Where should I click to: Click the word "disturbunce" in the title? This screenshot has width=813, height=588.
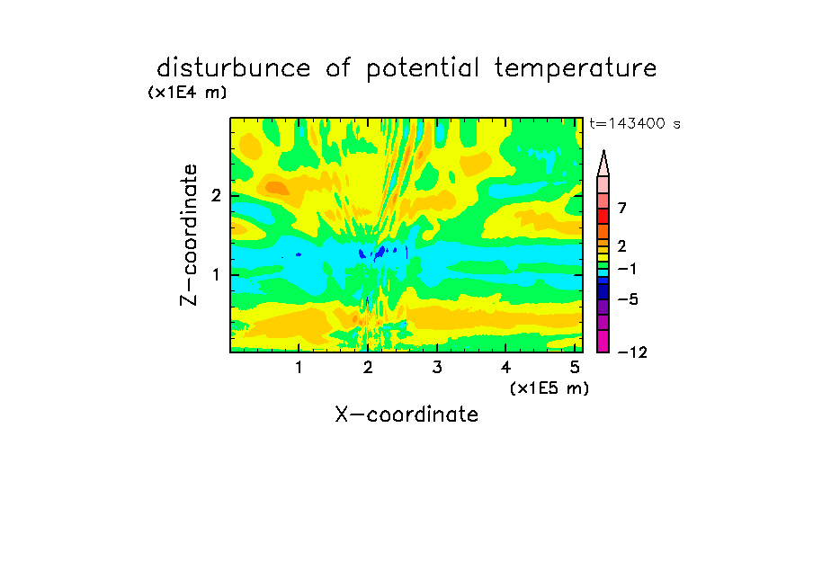tap(234, 68)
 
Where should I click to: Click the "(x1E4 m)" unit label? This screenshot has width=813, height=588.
tap(187, 93)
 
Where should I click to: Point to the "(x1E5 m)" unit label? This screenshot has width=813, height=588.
tap(549, 388)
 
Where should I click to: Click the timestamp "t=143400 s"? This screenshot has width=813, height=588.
tap(635, 123)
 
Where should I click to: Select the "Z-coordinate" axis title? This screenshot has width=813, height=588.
tap(189, 235)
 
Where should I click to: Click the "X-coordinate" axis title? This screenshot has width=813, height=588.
tap(406, 414)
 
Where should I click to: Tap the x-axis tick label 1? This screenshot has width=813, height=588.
tap(299, 368)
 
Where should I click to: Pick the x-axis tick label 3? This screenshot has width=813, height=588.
tap(437, 368)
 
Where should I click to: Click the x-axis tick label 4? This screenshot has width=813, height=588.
tap(506, 368)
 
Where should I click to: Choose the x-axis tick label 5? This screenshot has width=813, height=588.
tap(575, 368)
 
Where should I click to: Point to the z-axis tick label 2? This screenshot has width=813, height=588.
tap(216, 195)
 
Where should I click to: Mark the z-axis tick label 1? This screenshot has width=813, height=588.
tap(217, 274)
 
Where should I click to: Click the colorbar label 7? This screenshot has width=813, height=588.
tap(622, 208)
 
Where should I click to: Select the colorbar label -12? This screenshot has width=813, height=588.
tap(632, 352)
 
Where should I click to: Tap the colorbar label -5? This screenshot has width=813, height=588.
tap(628, 299)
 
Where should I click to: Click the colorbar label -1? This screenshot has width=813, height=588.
tap(627, 269)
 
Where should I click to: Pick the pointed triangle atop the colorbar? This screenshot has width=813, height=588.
tap(603, 163)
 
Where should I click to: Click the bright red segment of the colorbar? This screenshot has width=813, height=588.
tap(603, 216)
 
